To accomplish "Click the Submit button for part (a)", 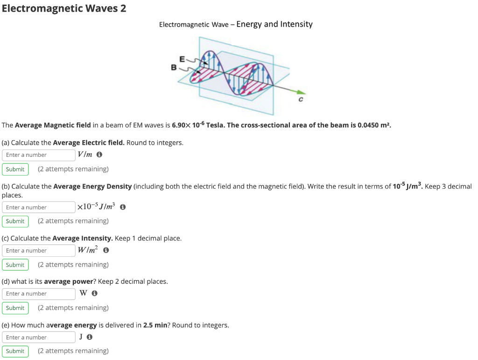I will coord(15,169).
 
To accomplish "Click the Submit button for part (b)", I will coord(15,221).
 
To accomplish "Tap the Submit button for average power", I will coord(15,308).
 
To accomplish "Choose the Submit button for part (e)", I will coord(15,351).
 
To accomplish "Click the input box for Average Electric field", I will coord(39,155).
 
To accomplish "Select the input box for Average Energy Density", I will coord(39,207).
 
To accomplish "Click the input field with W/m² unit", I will coord(39,251).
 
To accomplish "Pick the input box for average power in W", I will coord(39,294).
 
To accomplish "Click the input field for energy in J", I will coord(39,337).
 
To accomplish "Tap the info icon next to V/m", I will coord(99,155).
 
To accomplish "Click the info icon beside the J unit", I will coord(90,337).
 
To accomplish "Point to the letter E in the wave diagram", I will coord(183,59).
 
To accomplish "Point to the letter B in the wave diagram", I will coord(174,68).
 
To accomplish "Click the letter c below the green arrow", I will coord(301,100).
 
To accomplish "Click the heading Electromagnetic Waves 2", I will coord(63,8).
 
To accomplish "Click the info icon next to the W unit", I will coord(95,294).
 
